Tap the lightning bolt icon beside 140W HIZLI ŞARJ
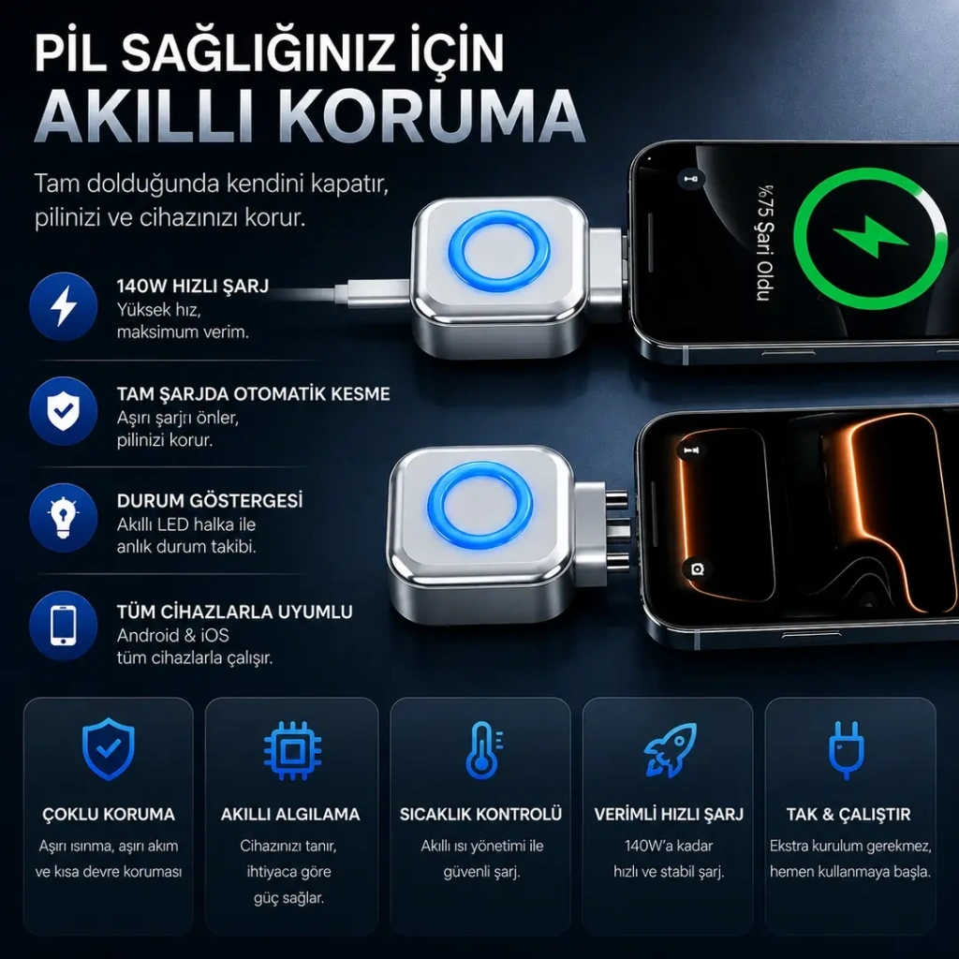[x=64, y=306]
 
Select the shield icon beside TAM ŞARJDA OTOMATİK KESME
[x=64, y=411]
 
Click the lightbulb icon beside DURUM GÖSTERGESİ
[x=64, y=518]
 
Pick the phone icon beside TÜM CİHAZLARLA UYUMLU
[x=64, y=625]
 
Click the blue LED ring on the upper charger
[x=499, y=251]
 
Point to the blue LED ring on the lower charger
[x=480, y=505]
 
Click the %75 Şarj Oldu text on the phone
[x=764, y=243]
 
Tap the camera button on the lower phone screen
[x=697, y=569]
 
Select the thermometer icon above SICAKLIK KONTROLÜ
[x=483, y=749]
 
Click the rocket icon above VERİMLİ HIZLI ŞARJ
[x=670, y=750]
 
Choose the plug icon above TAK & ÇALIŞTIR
[x=847, y=750]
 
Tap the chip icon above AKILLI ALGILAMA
[x=292, y=750]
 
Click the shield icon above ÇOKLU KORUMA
[x=109, y=748]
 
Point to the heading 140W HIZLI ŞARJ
[x=193, y=287]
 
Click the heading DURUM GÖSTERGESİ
[x=210, y=501]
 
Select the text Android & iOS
[x=173, y=636]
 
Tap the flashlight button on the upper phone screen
[x=691, y=179]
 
